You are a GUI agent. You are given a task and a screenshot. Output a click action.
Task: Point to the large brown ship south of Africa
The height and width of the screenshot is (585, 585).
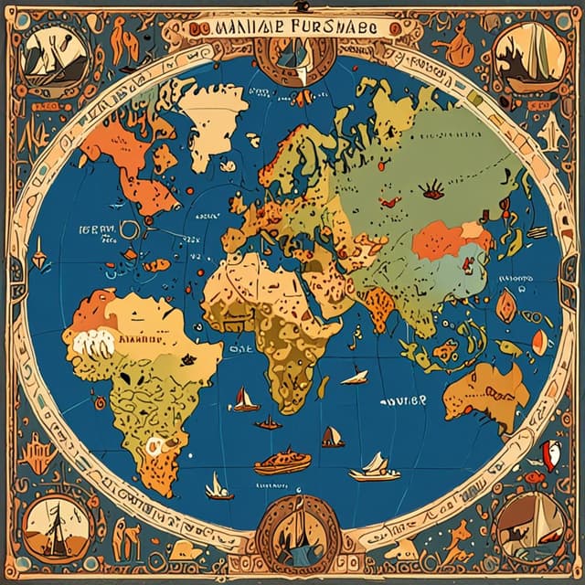click(x=282, y=461)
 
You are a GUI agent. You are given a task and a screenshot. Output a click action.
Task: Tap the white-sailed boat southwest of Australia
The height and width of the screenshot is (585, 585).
click(x=375, y=468)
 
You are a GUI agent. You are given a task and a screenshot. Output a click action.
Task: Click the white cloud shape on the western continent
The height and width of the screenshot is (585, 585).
click(x=91, y=346)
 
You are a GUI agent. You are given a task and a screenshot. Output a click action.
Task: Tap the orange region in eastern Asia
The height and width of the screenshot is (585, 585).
click(x=439, y=242)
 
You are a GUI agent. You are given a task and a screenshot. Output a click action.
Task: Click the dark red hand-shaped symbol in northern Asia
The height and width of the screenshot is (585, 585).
click(x=431, y=191)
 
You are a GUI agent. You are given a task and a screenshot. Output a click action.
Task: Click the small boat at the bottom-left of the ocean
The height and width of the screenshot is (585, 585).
click(x=218, y=486)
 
